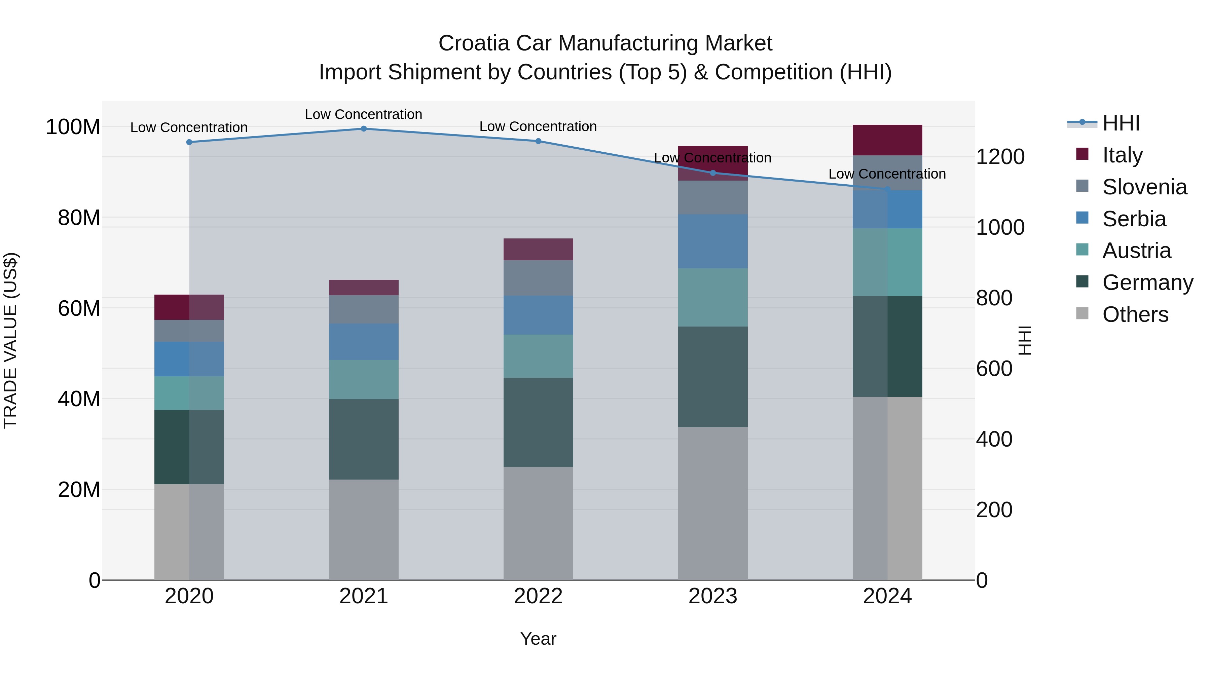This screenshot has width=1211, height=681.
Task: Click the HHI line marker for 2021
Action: (x=363, y=129)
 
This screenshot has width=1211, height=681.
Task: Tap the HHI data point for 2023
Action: (x=713, y=173)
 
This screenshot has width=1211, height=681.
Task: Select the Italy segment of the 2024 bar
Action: (x=887, y=140)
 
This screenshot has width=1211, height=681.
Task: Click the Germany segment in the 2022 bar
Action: (x=538, y=422)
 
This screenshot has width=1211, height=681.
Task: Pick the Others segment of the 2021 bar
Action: (x=363, y=530)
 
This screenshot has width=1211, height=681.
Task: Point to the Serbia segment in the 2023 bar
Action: (x=713, y=241)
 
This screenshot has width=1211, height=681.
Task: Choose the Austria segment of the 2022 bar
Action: (x=538, y=356)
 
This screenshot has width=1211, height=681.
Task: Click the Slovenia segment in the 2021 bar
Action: (x=363, y=309)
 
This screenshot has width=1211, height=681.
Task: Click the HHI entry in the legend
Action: (x=1121, y=123)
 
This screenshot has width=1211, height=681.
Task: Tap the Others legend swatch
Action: (x=1082, y=313)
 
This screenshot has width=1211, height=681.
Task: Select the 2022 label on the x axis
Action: (x=538, y=596)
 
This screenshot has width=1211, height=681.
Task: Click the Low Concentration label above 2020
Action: (x=189, y=127)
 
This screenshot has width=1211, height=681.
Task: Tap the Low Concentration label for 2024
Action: (x=887, y=174)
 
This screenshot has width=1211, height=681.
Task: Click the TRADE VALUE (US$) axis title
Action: (x=10, y=340)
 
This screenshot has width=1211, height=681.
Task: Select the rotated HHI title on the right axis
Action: (x=1025, y=340)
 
